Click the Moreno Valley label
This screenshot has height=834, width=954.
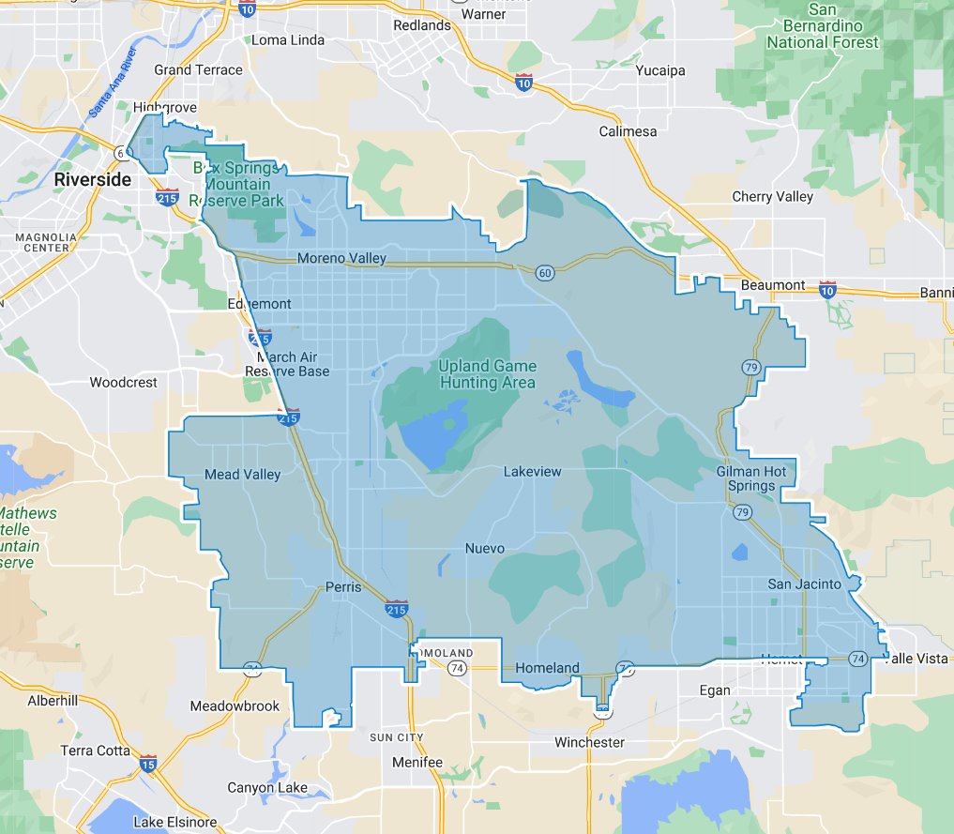coord(341,258)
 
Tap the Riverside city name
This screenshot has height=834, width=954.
coord(92,179)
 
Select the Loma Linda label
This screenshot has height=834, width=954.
coord(288,40)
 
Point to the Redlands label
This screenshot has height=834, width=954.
coord(422,25)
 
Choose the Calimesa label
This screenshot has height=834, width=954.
coord(628,131)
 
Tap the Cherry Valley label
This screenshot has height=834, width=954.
coord(773,196)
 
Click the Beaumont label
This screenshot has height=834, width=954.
coord(773,284)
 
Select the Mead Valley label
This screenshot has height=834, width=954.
coord(242,475)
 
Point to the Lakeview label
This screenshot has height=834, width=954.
coord(532,471)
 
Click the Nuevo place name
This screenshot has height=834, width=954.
coord(485,548)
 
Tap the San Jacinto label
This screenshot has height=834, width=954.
coord(806,584)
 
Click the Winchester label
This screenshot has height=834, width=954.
coord(589,742)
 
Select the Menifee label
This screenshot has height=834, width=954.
coord(417,762)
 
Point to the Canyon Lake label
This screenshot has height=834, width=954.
coord(267,787)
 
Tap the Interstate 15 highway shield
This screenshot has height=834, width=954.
coord(148,764)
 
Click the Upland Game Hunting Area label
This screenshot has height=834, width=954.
coord(488,374)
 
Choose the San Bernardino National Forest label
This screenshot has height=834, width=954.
coord(823,26)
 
